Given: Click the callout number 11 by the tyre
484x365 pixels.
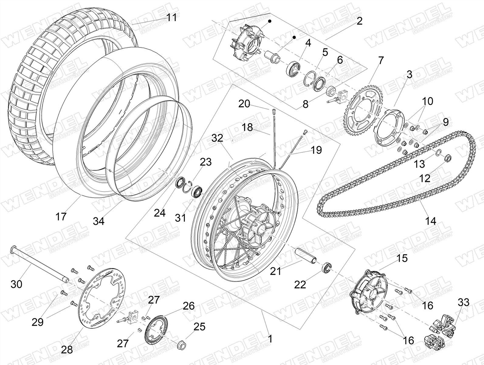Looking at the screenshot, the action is coord(171,17).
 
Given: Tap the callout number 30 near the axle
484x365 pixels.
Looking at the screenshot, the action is coord(16,284).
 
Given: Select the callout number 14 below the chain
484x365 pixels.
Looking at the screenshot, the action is coord(430,221).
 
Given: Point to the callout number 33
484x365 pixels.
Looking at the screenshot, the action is coord(463,302).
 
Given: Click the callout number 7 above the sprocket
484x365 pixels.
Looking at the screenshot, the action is coord(381,60).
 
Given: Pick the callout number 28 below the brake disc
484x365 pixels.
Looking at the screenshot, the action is coord(67,349).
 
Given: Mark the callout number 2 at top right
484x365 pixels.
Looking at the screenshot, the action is coord(359,21).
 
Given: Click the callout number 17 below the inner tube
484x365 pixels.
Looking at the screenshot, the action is coord(61,217).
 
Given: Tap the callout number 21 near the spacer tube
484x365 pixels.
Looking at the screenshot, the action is coord(275,271).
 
